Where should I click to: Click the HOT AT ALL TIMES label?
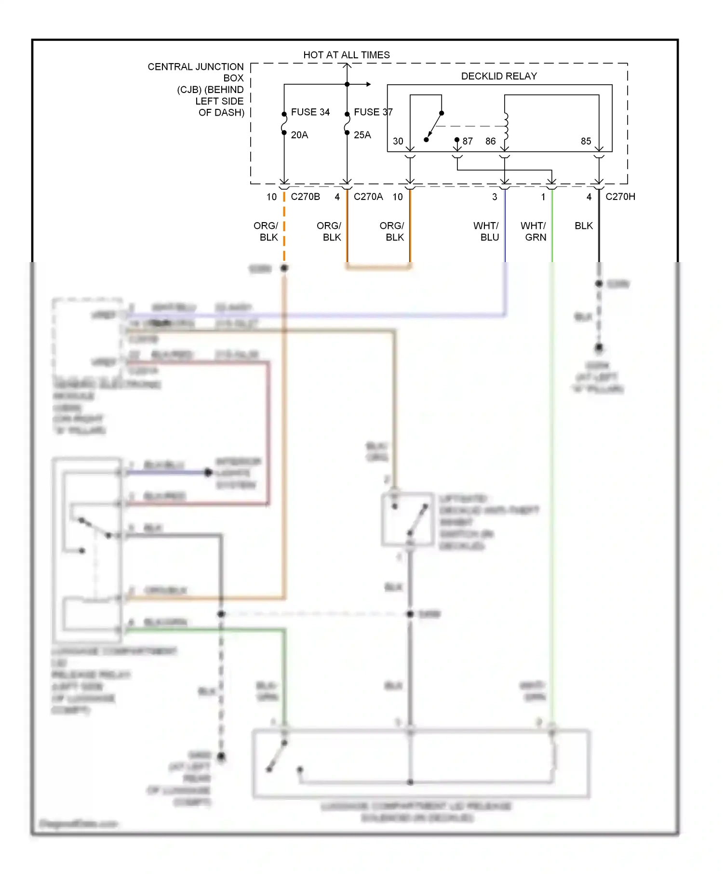point(346,55)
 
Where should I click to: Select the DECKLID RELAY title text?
point(498,76)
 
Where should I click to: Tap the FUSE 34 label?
point(310,112)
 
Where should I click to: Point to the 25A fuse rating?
point(362,135)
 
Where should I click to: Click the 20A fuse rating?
point(299,135)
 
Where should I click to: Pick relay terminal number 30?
point(398,141)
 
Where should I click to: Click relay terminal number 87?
point(467,141)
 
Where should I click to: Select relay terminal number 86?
point(490,141)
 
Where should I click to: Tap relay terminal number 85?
point(586,141)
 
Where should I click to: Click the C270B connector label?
point(305,197)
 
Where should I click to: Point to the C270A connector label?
point(368,197)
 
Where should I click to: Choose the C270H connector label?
point(620,197)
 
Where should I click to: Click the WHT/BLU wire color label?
point(486,231)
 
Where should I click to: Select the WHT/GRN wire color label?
point(534,231)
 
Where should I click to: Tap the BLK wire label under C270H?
point(583,225)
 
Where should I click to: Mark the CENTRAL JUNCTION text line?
point(195,66)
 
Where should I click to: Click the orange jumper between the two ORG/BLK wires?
point(378,266)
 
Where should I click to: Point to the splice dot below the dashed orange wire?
point(284,268)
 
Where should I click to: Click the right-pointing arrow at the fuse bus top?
point(368,84)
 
